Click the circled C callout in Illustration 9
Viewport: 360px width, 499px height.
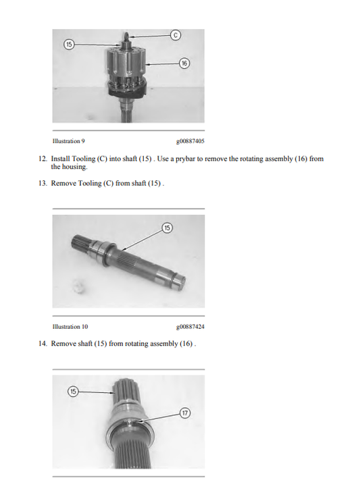(176, 34)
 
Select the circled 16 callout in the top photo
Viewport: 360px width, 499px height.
(184, 63)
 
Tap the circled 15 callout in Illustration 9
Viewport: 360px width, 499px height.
(69, 45)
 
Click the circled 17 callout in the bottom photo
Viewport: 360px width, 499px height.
(185, 413)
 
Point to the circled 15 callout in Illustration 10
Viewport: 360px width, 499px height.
(167, 228)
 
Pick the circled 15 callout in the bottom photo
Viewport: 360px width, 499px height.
(73, 392)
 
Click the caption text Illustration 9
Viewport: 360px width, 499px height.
(69, 141)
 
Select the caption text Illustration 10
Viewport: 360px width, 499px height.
(70, 327)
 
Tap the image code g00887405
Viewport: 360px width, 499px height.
(190, 141)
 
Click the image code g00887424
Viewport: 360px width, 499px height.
(190, 327)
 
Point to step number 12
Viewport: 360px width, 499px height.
(43, 159)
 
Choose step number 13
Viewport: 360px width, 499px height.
(43, 183)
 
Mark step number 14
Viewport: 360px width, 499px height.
(43, 344)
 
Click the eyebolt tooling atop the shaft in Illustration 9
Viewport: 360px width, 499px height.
(125, 36)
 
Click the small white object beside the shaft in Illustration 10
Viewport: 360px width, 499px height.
(78, 285)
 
